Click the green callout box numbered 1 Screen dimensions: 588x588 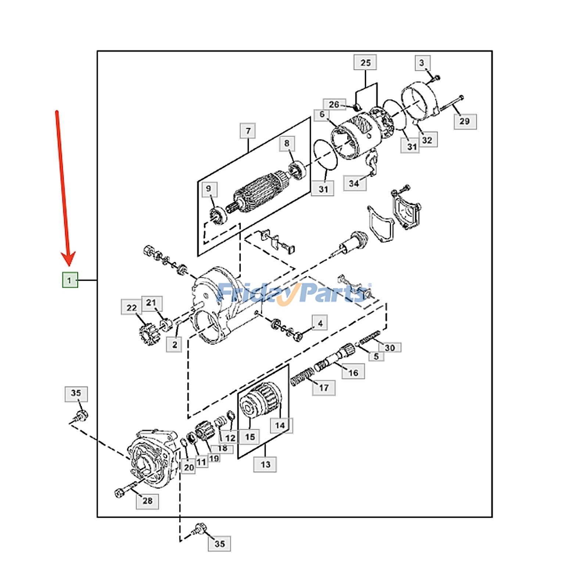(69, 280)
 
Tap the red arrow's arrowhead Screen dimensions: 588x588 (69, 259)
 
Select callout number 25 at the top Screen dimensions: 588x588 (365, 63)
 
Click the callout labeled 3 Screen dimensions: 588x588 (422, 63)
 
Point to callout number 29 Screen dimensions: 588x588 (465, 121)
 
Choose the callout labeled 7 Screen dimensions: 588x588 (248, 131)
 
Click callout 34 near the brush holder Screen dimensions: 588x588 (354, 183)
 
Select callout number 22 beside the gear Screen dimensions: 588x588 (132, 307)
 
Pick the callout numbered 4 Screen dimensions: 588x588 (320, 323)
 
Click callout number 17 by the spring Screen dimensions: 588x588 (323, 387)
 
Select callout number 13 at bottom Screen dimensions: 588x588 (265, 464)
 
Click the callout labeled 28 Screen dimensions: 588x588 (147, 501)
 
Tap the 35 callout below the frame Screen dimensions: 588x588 (219, 544)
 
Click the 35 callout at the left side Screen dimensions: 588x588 (76, 393)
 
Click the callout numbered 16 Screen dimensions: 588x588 (353, 373)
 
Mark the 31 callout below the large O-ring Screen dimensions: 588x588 (323, 189)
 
